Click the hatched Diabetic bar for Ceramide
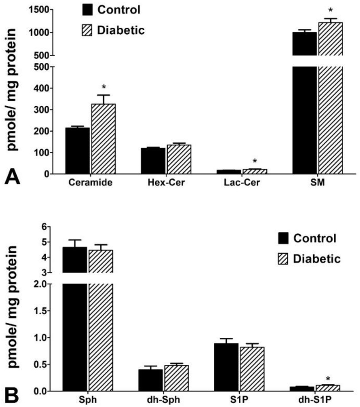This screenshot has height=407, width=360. (x=103, y=139)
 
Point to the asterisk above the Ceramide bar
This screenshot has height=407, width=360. (x=104, y=87)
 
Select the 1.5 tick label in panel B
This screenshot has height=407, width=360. (x=43, y=311)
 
